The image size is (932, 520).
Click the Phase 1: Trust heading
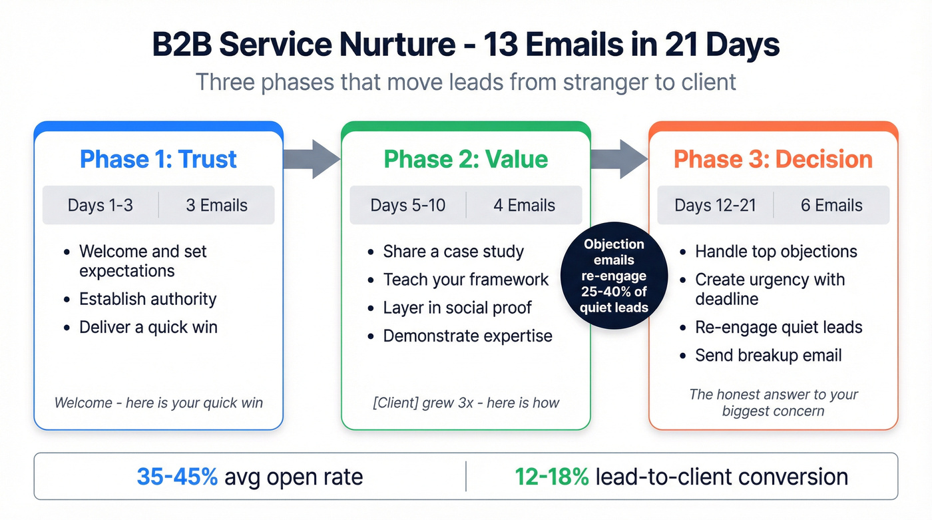(x=158, y=160)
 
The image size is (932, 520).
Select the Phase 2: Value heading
(x=466, y=160)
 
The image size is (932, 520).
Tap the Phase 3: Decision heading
(x=773, y=160)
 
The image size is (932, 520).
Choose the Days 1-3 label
(x=101, y=205)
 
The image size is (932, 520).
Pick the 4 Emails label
(x=524, y=205)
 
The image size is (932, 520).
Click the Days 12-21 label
(x=715, y=205)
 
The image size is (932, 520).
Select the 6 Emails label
(x=831, y=205)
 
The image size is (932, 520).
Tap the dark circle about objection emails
(x=614, y=276)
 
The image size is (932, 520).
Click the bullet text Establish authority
(x=148, y=299)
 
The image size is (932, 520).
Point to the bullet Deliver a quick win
(x=148, y=327)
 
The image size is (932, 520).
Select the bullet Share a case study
(x=453, y=252)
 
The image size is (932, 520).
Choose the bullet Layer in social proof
(x=457, y=308)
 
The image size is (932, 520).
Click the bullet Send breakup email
(x=768, y=356)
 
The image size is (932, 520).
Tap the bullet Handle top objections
(x=776, y=252)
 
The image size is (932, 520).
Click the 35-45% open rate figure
(x=177, y=477)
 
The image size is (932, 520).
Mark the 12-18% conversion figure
(x=551, y=477)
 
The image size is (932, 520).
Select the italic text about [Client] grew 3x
(x=466, y=403)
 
